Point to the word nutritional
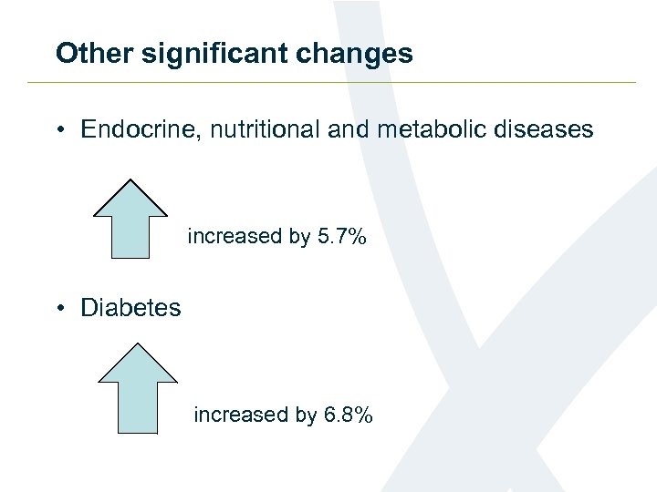click(266, 129)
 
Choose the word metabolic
click(431, 129)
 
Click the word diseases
click(545, 129)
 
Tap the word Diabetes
click(130, 308)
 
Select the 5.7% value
click(341, 237)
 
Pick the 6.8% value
click(348, 415)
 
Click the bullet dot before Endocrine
click(59, 130)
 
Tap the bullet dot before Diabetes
click(59, 309)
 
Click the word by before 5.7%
click(299, 238)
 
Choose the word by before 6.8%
click(306, 416)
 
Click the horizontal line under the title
click(328, 83)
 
